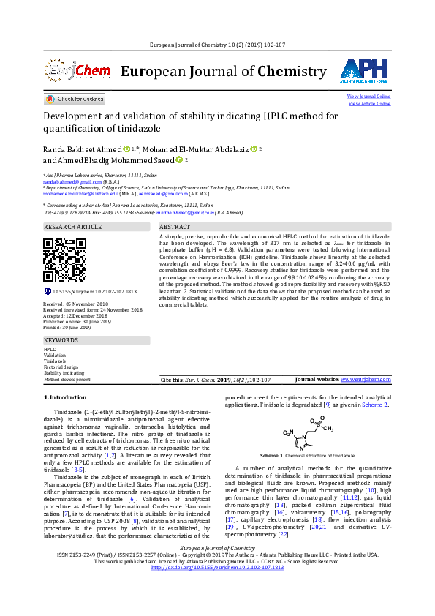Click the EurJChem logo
72,71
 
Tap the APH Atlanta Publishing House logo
363,70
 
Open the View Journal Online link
368,97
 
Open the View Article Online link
369,104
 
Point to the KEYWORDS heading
61,341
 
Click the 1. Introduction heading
66,397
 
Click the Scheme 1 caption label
271,455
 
